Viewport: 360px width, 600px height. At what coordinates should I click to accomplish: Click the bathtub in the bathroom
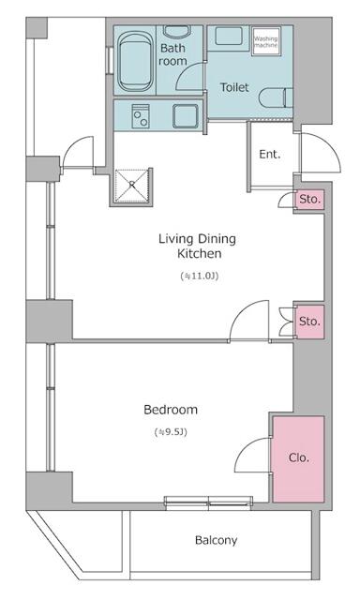click(135, 62)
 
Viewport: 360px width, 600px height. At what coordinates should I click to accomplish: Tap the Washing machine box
click(266, 40)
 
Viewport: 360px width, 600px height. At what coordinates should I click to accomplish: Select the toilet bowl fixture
click(276, 98)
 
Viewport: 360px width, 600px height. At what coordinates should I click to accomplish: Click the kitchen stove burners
click(140, 116)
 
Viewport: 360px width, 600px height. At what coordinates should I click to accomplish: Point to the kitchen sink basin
click(186, 116)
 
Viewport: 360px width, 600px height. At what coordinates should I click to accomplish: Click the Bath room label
click(172, 54)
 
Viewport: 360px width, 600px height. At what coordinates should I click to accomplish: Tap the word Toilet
click(234, 87)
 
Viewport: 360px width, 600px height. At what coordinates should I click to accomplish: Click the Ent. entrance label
click(270, 154)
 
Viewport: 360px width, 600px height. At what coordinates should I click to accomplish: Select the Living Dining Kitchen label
click(198, 246)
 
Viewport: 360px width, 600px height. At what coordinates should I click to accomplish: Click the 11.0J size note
click(200, 276)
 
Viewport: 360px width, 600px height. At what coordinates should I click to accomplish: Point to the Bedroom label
click(171, 410)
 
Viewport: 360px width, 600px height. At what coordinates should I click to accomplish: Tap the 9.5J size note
click(171, 432)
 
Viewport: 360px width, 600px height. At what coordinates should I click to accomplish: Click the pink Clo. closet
click(298, 458)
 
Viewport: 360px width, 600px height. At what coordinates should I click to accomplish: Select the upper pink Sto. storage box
click(308, 200)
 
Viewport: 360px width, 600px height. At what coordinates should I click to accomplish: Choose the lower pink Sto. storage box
click(310, 322)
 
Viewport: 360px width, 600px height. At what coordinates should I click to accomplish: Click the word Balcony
click(216, 540)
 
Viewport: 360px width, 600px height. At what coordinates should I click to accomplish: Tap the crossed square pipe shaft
click(132, 186)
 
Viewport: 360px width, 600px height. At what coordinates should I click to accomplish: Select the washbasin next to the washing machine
click(228, 37)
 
